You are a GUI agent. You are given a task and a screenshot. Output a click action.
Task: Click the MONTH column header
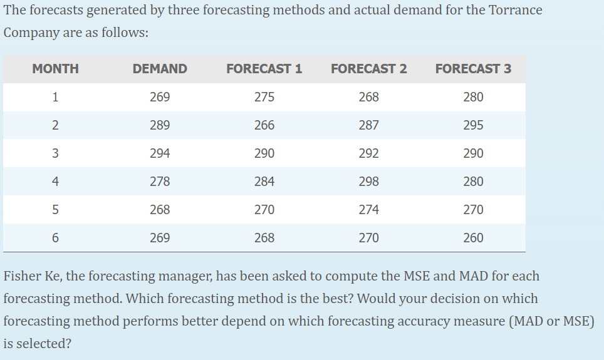pos(55,69)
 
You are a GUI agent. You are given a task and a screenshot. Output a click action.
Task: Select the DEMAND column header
pos(160,69)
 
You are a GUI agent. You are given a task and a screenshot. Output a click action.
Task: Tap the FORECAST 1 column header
pos(264,69)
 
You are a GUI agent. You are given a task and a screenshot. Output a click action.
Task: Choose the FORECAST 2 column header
pos(368,69)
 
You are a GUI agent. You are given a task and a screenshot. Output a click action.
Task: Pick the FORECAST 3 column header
pos(473,69)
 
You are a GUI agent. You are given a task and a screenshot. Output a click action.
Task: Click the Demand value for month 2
pos(160,125)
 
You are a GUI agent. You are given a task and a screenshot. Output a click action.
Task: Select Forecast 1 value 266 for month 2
pos(264,125)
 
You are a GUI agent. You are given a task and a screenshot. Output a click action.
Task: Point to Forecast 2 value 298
pos(368,182)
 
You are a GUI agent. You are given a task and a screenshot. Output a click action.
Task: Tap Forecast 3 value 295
pos(473,125)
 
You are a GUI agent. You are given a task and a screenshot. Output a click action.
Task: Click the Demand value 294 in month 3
pos(160,153)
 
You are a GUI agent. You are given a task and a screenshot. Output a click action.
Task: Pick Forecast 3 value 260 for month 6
pos(473,238)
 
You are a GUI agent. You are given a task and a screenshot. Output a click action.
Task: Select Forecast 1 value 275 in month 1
pos(264,97)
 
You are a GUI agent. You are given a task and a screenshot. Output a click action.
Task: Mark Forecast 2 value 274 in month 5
pos(368,210)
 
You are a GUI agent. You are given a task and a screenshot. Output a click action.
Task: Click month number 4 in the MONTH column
pos(55,182)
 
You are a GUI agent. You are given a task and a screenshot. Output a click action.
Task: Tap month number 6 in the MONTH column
pos(55,238)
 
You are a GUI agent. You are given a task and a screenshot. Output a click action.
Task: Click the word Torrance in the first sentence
pos(518,11)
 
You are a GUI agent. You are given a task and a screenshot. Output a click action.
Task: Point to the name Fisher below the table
pos(22,276)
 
